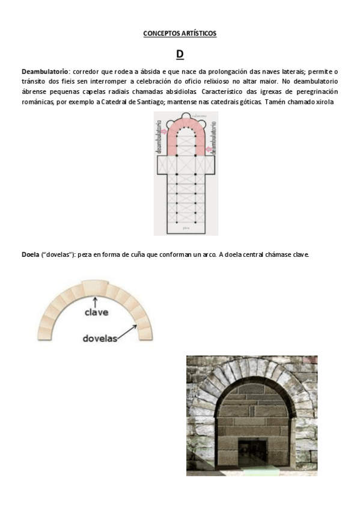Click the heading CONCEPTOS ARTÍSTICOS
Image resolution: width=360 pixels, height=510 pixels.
click(180, 34)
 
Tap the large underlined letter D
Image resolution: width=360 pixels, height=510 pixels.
click(180, 55)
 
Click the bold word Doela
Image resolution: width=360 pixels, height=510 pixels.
click(31, 255)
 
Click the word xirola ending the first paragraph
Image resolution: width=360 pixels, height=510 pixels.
click(323, 102)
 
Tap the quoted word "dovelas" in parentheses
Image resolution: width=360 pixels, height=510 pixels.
click(59, 255)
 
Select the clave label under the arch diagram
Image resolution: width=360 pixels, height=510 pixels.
click(96, 313)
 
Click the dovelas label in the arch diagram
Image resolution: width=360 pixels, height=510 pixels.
click(100, 338)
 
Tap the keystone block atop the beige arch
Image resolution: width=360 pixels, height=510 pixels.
click(94, 287)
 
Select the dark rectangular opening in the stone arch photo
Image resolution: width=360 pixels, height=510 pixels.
click(253, 449)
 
